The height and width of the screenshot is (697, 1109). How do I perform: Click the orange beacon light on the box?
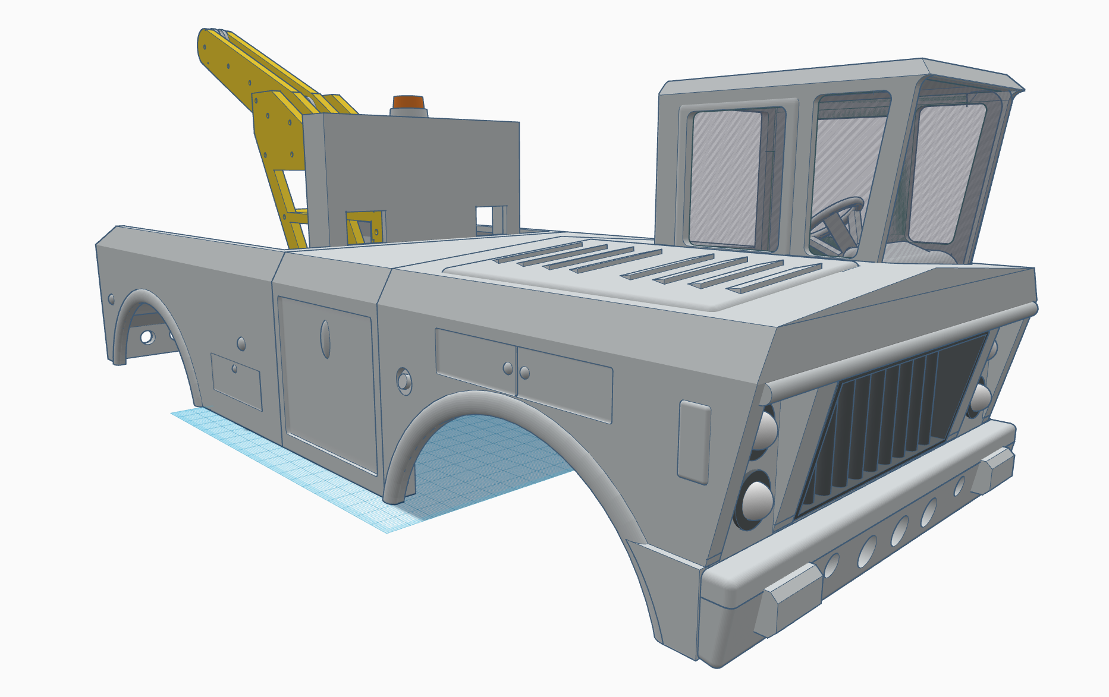click(409, 102)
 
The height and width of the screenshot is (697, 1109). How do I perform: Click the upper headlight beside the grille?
click(766, 429)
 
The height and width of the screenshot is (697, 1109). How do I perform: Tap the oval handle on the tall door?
click(325, 339)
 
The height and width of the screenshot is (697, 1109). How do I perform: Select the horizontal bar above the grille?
click(892, 351)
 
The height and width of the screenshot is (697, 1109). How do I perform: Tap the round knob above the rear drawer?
click(241, 343)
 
